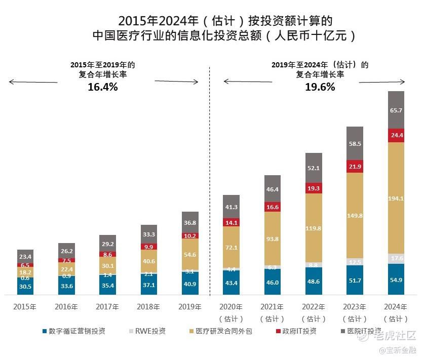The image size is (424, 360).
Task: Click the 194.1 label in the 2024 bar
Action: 396,198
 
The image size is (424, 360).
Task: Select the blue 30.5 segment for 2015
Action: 25,286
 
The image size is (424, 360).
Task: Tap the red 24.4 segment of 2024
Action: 396,136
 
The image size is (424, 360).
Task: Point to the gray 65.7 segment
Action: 396,110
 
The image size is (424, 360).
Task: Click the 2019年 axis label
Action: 190,307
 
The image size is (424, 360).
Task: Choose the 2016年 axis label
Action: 66,307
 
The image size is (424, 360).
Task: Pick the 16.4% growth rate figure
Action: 102,87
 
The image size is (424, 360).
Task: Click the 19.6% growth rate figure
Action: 320,87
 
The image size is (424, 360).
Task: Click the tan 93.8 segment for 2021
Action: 273,239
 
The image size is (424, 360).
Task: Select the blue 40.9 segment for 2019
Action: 190,284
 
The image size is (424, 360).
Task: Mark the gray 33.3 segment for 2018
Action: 149,234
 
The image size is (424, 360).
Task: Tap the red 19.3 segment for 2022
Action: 314,188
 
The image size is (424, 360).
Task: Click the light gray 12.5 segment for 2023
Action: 355,262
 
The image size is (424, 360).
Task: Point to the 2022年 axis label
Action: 314,307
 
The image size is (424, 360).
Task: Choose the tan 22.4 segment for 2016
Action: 66,269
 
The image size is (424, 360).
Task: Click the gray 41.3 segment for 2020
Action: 231,207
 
